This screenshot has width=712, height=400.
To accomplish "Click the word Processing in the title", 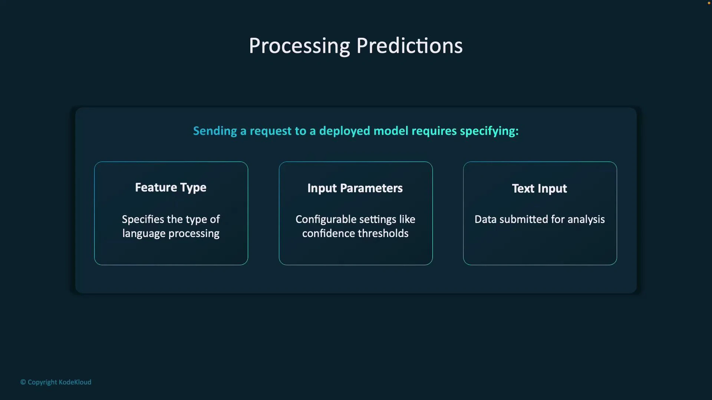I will [299, 46].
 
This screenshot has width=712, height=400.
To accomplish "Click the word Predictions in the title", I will [409, 46].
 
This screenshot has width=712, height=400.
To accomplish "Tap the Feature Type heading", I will [171, 188].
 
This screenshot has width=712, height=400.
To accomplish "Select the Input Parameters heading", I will [355, 189].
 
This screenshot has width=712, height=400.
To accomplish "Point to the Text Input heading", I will [539, 189].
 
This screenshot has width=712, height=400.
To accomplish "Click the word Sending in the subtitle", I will [215, 131].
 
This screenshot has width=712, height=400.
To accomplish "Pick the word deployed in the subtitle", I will [345, 131].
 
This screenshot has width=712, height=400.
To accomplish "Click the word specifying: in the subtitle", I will [489, 131].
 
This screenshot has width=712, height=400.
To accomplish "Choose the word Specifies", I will [143, 220].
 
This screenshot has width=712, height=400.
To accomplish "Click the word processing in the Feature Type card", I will [194, 234].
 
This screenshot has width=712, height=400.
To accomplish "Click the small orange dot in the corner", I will [709, 3].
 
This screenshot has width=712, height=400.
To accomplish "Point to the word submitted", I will [524, 220].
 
